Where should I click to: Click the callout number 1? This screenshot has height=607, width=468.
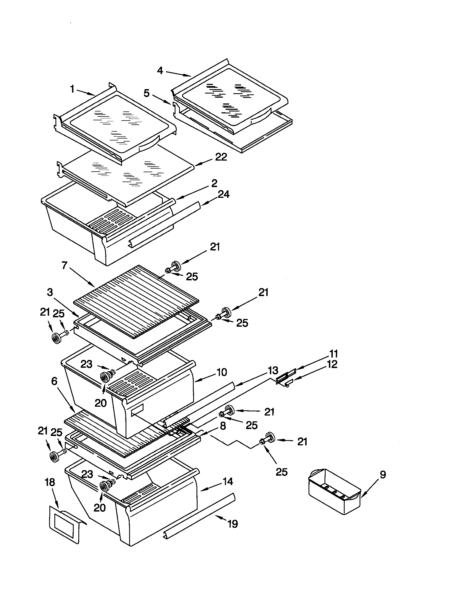click(x=72, y=89)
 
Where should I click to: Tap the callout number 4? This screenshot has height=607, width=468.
click(x=160, y=71)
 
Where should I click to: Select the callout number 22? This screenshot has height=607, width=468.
click(x=221, y=157)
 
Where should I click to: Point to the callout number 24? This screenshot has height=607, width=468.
click(x=224, y=194)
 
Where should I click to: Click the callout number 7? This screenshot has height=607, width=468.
click(x=65, y=266)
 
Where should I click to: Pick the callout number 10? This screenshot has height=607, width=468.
click(x=222, y=372)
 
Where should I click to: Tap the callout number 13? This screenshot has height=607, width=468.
click(x=273, y=370)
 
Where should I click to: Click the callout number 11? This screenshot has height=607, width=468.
click(x=333, y=354)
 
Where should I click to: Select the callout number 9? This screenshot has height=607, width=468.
click(x=383, y=475)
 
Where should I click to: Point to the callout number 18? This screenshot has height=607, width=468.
click(x=50, y=482)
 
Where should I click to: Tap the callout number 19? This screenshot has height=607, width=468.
click(x=233, y=524)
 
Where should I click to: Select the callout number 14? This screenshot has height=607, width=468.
click(x=228, y=481)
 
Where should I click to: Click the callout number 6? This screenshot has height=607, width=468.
click(x=54, y=381)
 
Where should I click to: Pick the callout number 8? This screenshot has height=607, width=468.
click(x=223, y=426)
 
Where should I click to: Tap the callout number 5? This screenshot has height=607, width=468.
click(x=147, y=93)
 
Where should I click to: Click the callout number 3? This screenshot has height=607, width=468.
click(x=50, y=292)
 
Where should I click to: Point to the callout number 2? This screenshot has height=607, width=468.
click(x=214, y=183)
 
